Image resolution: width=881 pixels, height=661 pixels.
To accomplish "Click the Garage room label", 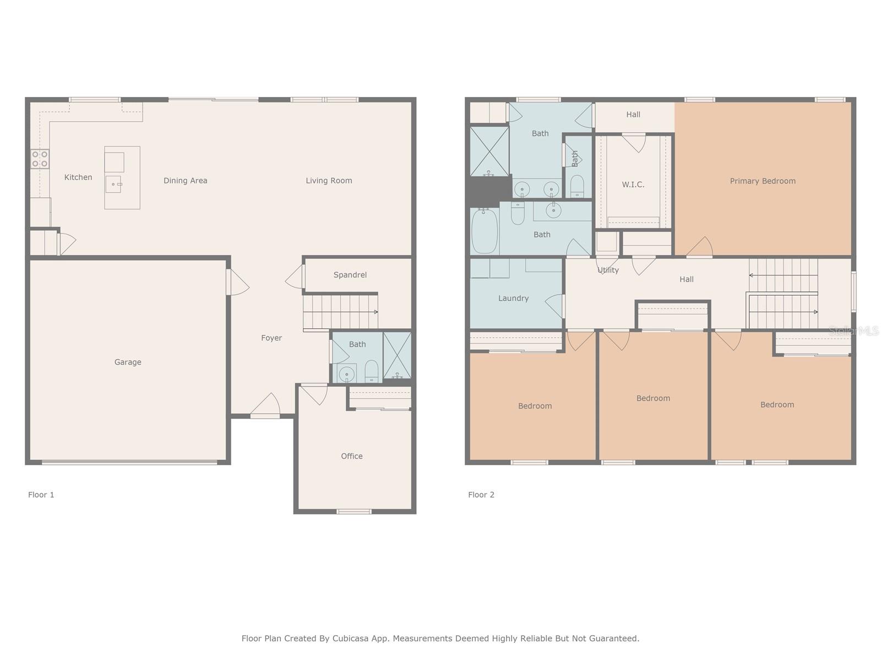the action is (x=128, y=362).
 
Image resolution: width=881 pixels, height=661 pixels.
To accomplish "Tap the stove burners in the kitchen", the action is (x=40, y=159).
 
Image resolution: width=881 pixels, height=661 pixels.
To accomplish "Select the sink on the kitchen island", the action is (x=113, y=184).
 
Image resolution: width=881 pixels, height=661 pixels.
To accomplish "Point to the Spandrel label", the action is (x=350, y=275).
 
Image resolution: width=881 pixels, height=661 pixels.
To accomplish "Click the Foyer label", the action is (x=271, y=338).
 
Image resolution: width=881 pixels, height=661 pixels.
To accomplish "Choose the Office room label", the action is (x=352, y=456).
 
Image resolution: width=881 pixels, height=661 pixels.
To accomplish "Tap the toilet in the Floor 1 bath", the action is (x=371, y=371).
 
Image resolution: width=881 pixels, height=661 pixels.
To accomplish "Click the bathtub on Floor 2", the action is (x=485, y=231).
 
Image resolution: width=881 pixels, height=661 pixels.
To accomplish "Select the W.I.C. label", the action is (x=633, y=185).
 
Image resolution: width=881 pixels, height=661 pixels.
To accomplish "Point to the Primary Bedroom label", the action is (x=763, y=181).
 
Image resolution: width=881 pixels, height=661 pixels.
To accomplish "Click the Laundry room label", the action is (x=513, y=298).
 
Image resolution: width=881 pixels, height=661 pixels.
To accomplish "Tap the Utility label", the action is (x=608, y=270).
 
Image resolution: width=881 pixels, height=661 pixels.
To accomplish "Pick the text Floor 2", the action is (x=481, y=495).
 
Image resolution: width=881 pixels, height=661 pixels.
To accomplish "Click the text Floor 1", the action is (x=41, y=495).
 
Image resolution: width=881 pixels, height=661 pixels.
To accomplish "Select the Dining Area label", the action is (x=186, y=181).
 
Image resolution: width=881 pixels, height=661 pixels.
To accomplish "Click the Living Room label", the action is (x=329, y=181).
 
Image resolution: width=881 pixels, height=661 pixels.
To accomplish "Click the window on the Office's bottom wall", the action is (x=354, y=511).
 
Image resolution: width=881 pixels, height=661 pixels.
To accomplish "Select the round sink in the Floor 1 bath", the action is (x=346, y=374).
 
